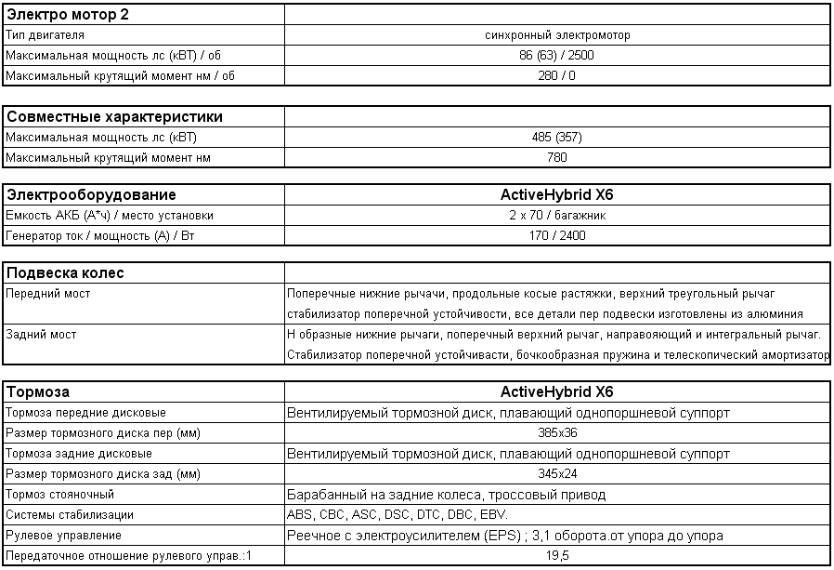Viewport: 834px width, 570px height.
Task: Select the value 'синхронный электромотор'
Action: [557, 34]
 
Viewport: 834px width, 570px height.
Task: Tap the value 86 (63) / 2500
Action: [557, 55]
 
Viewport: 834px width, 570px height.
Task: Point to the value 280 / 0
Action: [557, 75]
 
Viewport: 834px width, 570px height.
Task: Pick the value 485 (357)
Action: [557, 138]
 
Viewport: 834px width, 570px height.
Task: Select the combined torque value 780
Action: [557, 158]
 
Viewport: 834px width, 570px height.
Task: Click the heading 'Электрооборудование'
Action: [91, 195]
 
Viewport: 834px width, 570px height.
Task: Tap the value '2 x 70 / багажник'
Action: [557, 216]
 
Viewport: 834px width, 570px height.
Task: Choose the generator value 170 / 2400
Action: [557, 236]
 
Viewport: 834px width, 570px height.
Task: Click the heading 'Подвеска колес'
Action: [65, 273]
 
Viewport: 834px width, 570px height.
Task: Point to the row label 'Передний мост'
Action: [48, 294]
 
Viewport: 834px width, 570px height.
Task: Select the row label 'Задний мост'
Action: [42, 334]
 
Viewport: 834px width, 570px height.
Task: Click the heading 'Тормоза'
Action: [38, 392]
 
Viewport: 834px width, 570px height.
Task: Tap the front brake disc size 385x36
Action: [557, 433]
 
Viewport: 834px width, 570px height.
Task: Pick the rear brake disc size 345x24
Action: [557, 474]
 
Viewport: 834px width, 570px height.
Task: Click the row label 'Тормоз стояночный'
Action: [60, 495]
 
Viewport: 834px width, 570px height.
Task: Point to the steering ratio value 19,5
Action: [557, 556]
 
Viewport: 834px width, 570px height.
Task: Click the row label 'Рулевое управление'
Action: [64, 536]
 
